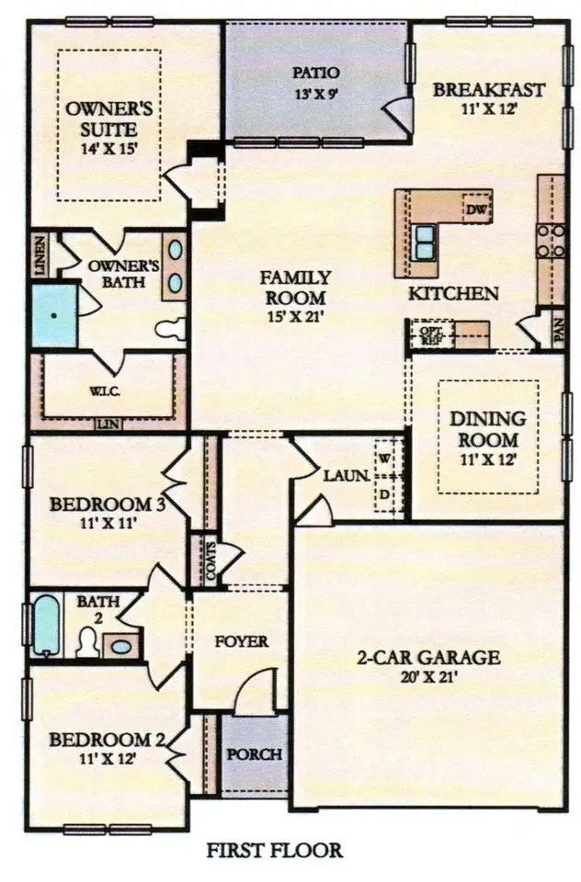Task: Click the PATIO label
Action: [x=316, y=73]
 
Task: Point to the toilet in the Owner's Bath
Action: [x=172, y=329]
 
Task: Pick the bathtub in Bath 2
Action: [x=46, y=625]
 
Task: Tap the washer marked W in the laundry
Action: [x=384, y=457]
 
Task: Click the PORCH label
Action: [x=254, y=754]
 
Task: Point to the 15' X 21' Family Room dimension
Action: [x=292, y=317]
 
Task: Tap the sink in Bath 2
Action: [x=120, y=644]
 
